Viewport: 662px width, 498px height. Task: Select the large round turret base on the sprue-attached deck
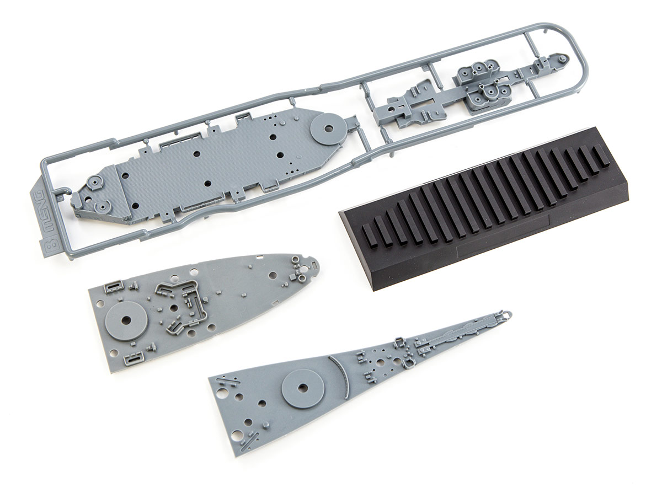click(x=328, y=128)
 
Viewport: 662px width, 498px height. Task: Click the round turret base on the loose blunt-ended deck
click(x=126, y=320)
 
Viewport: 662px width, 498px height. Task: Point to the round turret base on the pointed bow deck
click(x=302, y=389)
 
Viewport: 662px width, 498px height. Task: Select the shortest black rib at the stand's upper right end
click(x=600, y=156)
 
